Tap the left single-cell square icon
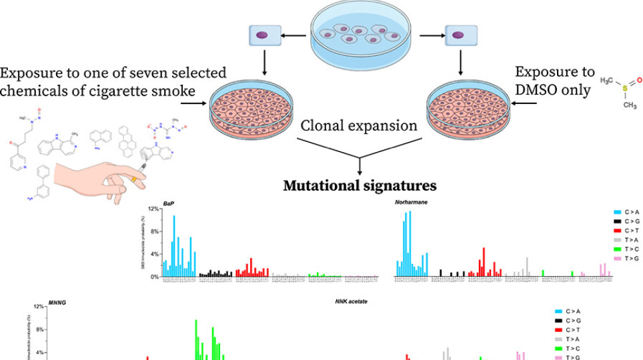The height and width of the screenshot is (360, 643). [262, 35]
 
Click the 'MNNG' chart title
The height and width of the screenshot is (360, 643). [57, 302]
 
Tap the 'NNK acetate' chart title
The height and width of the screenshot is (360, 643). [352, 302]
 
